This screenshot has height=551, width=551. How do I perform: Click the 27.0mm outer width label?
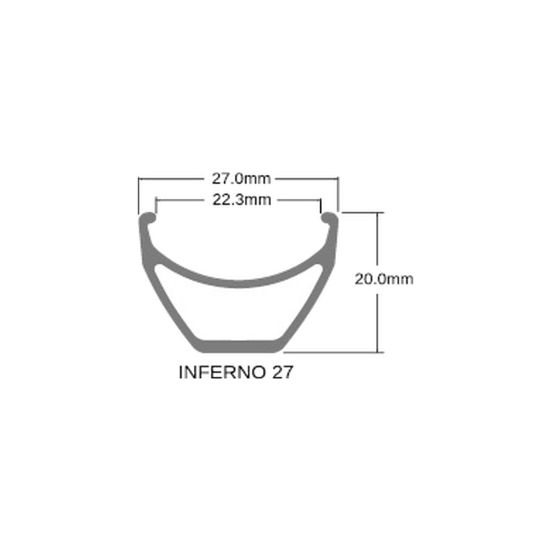[x=241, y=179]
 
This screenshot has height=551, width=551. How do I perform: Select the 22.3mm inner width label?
[x=242, y=200]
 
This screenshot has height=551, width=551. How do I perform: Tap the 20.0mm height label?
[x=384, y=279]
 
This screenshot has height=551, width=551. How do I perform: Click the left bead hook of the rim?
[x=147, y=218]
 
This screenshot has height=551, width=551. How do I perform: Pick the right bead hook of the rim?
[x=330, y=218]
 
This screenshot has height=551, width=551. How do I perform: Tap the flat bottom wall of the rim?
[x=238, y=345]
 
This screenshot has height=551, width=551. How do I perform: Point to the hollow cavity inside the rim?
[x=238, y=311]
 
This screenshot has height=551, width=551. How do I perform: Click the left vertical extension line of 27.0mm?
[x=138, y=196]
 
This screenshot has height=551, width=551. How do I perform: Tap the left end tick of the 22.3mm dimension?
[x=156, y=205]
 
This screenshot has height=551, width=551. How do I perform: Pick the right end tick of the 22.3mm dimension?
[x=320, y=205]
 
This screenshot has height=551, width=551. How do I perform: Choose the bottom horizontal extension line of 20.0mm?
[x=331, y=352]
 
